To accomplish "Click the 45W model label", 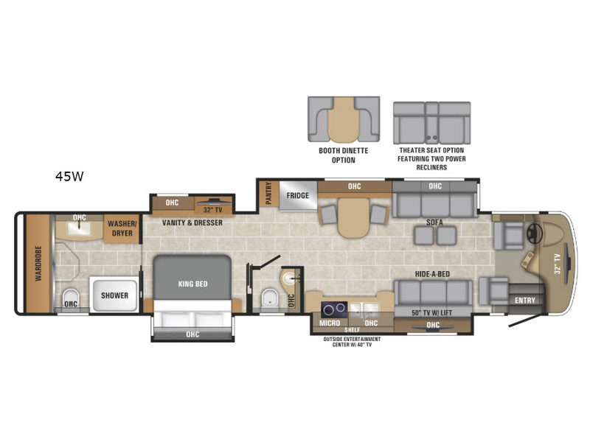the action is [69, 176].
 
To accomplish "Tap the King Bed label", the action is [192, 284].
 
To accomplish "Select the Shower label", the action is [114, 295].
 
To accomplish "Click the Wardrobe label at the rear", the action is [38, 264].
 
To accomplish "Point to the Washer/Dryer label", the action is [122, 228].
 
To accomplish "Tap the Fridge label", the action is [298, 195].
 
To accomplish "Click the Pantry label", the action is [268, 193].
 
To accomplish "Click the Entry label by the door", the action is [525, 300].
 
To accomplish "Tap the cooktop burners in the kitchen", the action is [334, 309].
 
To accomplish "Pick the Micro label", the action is [330, 323].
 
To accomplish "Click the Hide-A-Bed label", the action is [432, 274].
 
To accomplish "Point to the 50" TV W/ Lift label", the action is [432, 312].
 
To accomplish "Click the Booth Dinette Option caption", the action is [344, 155].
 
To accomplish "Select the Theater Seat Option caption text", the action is [431, 158].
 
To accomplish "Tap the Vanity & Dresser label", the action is [192, 222].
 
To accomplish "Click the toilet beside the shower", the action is [70, 298].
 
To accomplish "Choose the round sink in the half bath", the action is [291, 278].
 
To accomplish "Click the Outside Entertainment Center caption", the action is [352, 342].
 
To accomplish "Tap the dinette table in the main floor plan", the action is [353, 217].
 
